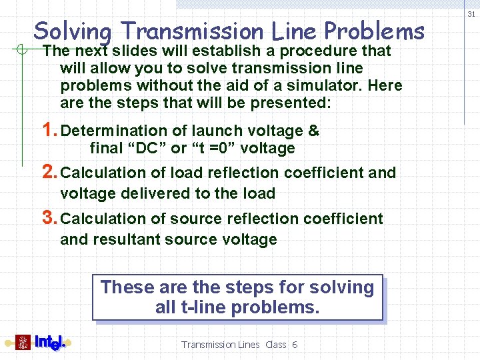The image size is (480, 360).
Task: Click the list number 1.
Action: pyautogui.click(x=49, y=130)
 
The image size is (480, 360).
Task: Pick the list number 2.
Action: pyautogui.click(x=49, y=172)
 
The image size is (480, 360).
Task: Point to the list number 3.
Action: pyautogui.click(x=49, y=217)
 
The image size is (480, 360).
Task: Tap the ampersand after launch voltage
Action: pyautogui.click(x=314, y=131)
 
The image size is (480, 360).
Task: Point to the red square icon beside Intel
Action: pyautogui.click(x=23, y=343)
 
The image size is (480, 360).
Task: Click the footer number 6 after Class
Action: pyautogui.click(x=294, y=345)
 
